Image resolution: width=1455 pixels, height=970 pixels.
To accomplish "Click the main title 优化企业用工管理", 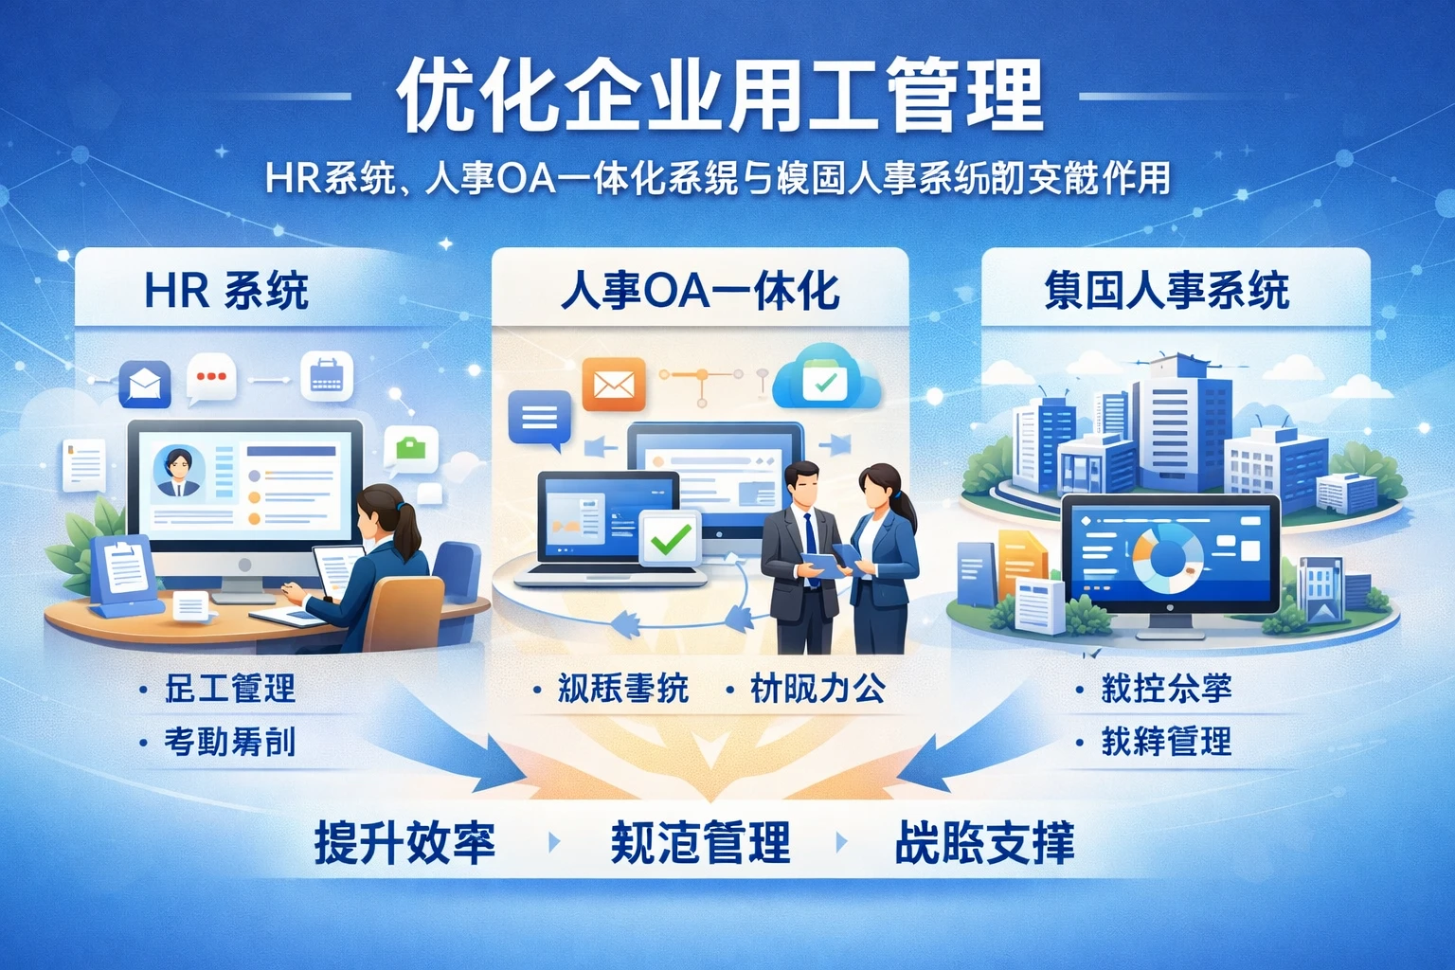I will click(x=720, y=97).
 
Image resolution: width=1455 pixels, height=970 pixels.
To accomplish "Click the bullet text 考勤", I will click(x=229, y=742).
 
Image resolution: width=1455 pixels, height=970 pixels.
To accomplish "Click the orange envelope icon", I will click(x=613, y=385).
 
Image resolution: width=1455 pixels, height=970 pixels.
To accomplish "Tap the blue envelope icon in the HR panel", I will click(x=145, y=384).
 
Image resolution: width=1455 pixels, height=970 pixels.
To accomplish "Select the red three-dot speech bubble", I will click(x=210, y=377).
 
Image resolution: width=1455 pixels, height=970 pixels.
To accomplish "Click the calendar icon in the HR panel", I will click(x=326, y=376).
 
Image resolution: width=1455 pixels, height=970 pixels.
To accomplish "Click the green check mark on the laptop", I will click(x=671, y=539).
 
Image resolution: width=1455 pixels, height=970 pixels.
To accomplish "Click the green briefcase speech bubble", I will click(x=411, y=448).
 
